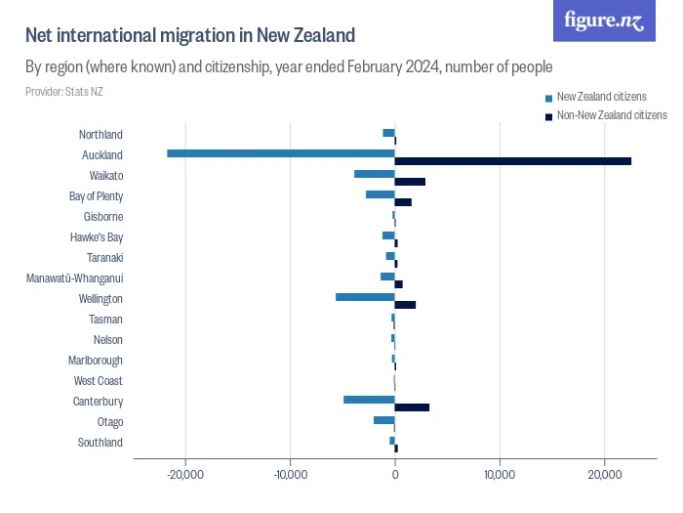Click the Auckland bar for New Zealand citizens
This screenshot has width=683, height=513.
[281, 153]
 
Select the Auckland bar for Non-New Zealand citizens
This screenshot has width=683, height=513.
[512, 161]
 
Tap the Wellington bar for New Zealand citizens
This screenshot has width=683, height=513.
[365, 296]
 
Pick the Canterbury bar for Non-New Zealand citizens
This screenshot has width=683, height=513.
[412, 406]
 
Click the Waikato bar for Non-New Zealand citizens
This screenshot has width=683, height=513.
[410, 182]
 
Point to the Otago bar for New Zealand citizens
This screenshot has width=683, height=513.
[383, 419]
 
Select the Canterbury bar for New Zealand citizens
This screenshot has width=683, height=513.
[369, 399]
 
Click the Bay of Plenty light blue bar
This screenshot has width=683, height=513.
[380, 194]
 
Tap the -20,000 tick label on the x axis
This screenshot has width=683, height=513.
[184, 475]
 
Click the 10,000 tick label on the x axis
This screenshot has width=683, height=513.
[500, 475]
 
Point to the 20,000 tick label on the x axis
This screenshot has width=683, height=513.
[605, 475]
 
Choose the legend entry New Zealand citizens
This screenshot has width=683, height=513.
[601, 97]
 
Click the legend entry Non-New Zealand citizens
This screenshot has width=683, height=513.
[611, 114]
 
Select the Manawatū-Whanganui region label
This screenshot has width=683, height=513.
[74, 278]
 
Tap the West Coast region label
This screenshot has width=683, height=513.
[98, 381]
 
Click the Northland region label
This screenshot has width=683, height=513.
[100, 135]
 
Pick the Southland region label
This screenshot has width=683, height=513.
[100, 443]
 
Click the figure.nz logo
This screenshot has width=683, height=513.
[604, 21]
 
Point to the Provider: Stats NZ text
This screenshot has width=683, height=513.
[64, 92]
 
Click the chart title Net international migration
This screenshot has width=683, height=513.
[189, 36]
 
